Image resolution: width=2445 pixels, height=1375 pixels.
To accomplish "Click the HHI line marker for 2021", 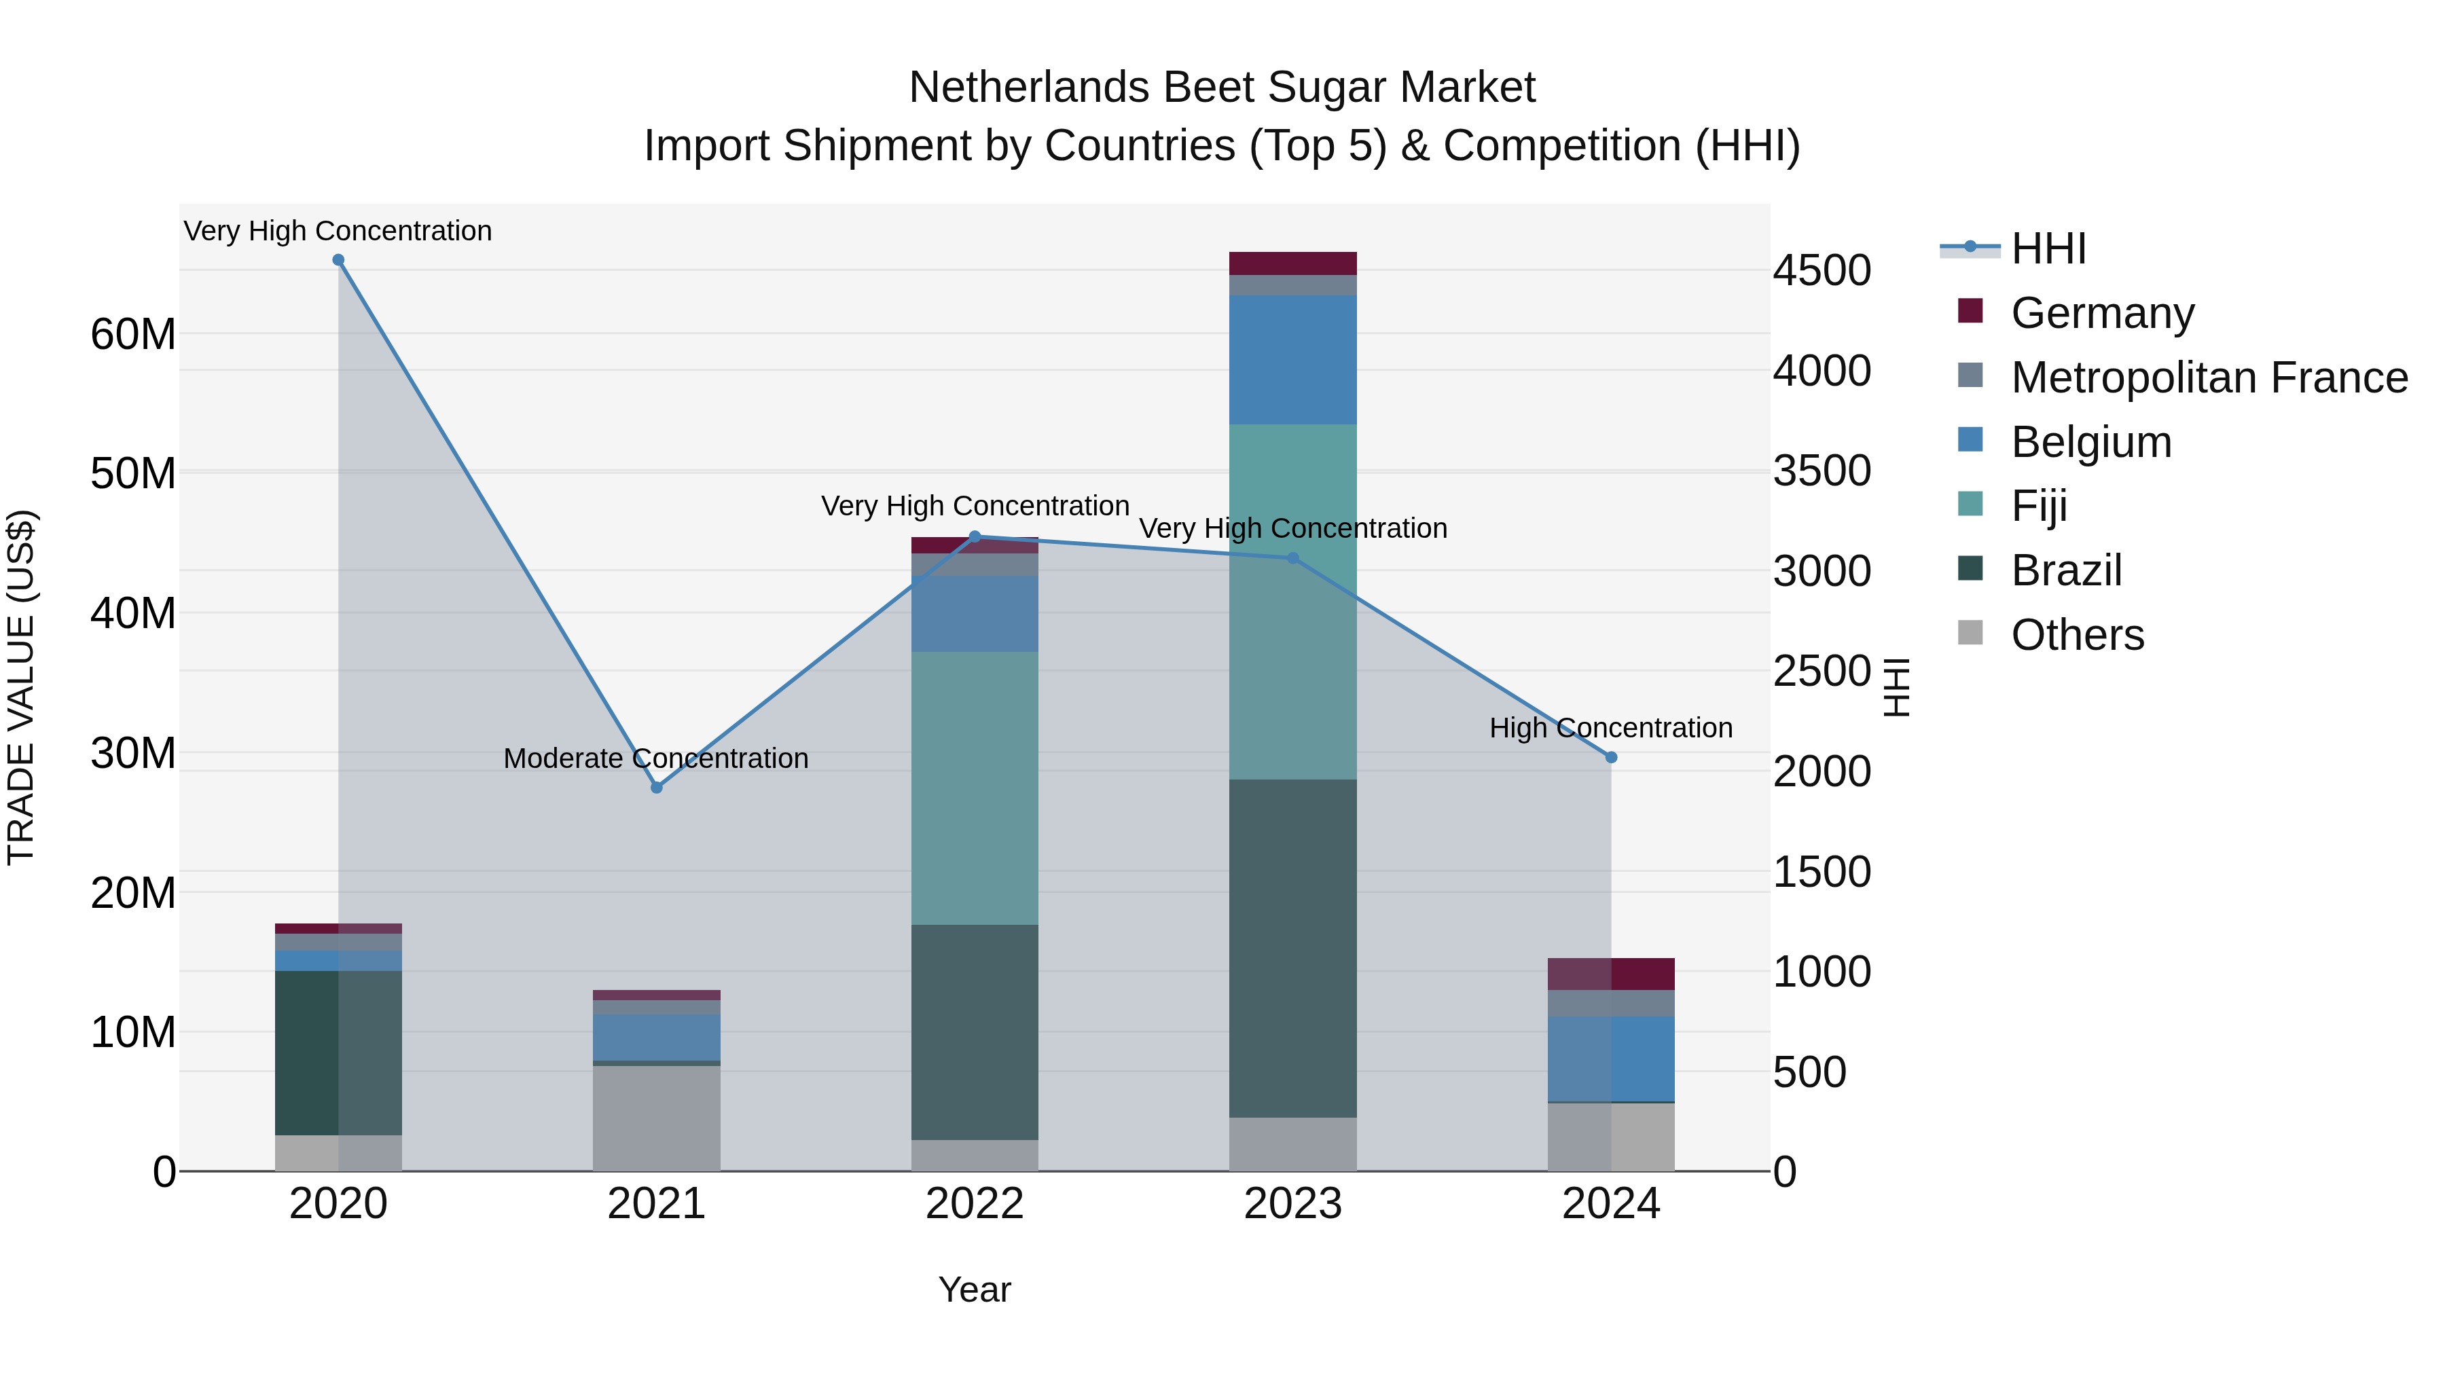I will pyautogui.click(x=656, y=788).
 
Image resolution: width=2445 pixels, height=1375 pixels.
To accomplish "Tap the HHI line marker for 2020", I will pyautogui.click(x=338, y=260).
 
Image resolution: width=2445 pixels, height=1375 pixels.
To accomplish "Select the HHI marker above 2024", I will pyautogui.click(x=1611, y=757).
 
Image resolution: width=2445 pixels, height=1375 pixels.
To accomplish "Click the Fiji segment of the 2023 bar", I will pyautogui.click(x=1292, y=602).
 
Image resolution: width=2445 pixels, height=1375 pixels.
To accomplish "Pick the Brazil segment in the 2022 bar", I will pyautogui.click(x=975, y=1031).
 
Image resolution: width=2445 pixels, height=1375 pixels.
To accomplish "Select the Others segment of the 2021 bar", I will pyautogui.click(x=656, y=1118).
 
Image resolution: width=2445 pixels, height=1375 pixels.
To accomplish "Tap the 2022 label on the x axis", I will pyautogui.click(x=975, y=1204).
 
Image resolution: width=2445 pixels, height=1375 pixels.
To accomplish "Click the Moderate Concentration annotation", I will pyautogui.click(x=656, y=758).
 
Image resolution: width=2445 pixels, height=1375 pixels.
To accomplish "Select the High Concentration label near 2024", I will pyautogui.click(x=1611, y=728).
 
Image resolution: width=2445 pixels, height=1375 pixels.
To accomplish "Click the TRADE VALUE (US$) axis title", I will pyautogui.click(x=21, y=687).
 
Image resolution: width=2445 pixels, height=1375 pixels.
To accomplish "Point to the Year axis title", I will pyautogui.click(x=975, y=1289).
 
